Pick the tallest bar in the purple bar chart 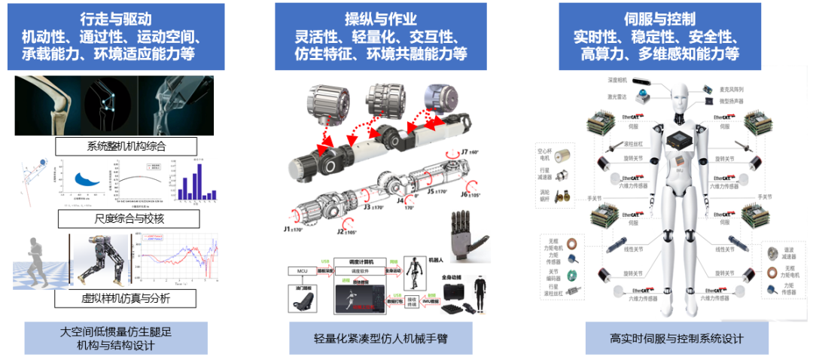pyautogui.click(x=197, y=181)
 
